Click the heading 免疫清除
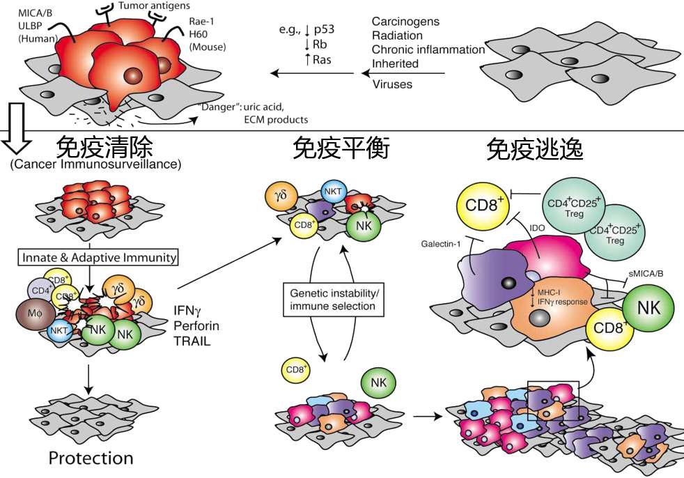[x=102, y=147]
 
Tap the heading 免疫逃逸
[x=535, y=148]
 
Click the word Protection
[x=91, y=458]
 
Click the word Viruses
[x=392, y=84]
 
